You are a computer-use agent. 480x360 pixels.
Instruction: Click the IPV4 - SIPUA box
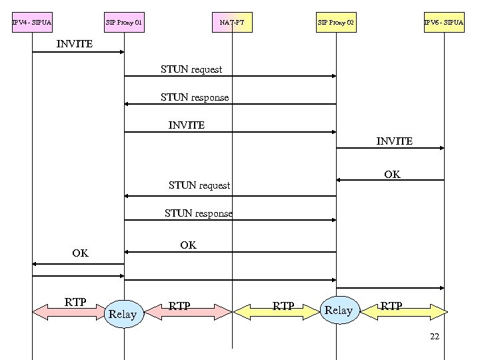point(32,23)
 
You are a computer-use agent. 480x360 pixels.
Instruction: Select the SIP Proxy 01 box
point(124,23)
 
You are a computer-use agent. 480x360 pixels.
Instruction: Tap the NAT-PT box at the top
point(232,23)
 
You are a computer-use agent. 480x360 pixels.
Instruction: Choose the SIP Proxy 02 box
point(336,23)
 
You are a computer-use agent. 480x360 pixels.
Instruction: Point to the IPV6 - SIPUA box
point(444,23)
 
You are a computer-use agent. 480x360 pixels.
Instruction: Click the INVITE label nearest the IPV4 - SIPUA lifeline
point(75,44)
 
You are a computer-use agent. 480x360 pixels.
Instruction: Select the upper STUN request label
point(191,69)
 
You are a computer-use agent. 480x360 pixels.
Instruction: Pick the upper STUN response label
point(195,97)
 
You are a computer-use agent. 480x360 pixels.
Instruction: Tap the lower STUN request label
point(199,185)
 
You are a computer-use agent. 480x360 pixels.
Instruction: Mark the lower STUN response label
point(199,213)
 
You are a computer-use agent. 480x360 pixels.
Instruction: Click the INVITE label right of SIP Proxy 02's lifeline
point(394,141)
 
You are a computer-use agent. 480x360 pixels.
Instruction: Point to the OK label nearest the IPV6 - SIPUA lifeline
point(392,175)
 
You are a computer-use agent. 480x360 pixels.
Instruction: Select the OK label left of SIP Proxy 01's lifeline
point(80,253)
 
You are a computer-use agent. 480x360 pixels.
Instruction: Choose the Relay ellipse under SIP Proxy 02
point(339,311)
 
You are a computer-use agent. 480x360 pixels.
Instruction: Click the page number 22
point(435,337)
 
